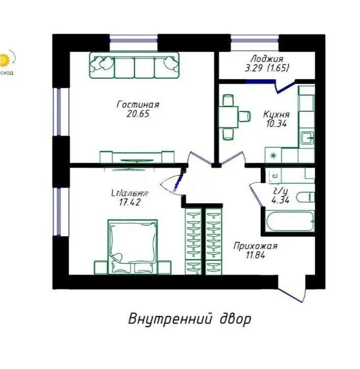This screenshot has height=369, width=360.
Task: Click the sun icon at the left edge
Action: click(x=5, y=60)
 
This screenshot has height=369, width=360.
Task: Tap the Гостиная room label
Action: click(x=138, y=105)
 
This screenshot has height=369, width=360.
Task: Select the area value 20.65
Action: click(x=138, y=114)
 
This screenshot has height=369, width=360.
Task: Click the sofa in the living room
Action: click(x=134, y=65)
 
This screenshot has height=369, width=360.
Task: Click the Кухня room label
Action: click(x=277, y=114)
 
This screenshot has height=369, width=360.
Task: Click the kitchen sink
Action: click(x=307, y=138)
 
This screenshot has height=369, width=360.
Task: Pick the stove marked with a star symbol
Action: click(x=273, y=155)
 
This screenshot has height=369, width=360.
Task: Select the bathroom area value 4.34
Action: click(x=281, y=200)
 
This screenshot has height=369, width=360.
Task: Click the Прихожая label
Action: click(x=255, y=247)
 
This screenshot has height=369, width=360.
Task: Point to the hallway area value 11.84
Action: click(x=255, y=256)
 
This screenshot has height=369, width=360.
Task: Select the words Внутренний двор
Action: click(x=190, y=320)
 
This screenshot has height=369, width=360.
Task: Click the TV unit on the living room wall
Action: click(x=137, y=158)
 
